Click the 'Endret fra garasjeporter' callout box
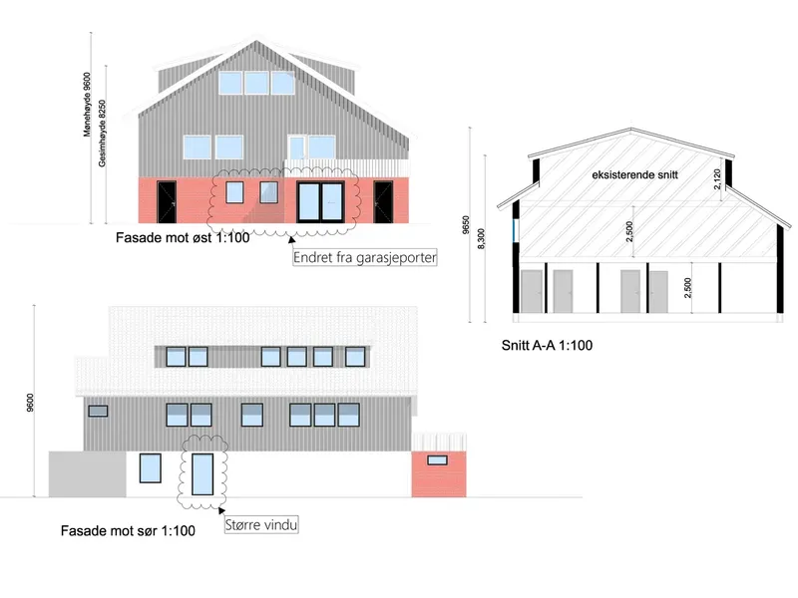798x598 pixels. pos(365,257)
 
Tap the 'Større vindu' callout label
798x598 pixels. pos(261,525)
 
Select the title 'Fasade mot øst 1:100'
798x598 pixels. pos(183,238)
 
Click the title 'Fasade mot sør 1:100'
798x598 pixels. pos(128,531)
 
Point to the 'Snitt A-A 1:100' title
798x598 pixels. pos(547,345)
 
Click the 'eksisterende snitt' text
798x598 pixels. pos(634,175)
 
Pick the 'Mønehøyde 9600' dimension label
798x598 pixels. pos(87,105)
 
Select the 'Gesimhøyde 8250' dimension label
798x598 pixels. pos(103,134)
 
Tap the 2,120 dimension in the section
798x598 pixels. pos(717,179)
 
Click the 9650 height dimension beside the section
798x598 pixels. pos(466,225)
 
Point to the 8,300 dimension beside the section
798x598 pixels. pos(481,239)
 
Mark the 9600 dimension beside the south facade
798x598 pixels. pos(30,403)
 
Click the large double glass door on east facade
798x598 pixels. pos(320,201)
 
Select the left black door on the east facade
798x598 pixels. pos(167,202)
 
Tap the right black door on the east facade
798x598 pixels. pos(383,202)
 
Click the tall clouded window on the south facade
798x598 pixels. pos(202,474)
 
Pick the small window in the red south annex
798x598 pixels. pos(437,460)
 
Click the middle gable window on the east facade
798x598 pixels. pos(256,83)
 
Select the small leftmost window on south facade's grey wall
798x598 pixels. pos(98,411)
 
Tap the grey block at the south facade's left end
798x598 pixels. pos(88,474)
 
